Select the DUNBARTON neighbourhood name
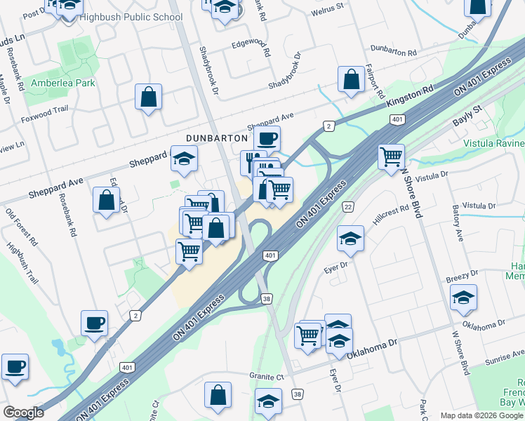[217, 138]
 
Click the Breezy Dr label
[462, 275]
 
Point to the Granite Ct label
[266, 376]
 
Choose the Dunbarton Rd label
[393, 51]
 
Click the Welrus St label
[329, 6]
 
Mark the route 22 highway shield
[347, 206]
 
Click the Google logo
[23, 412]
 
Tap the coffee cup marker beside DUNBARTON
[267, 138]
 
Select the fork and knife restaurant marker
[253, 161]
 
